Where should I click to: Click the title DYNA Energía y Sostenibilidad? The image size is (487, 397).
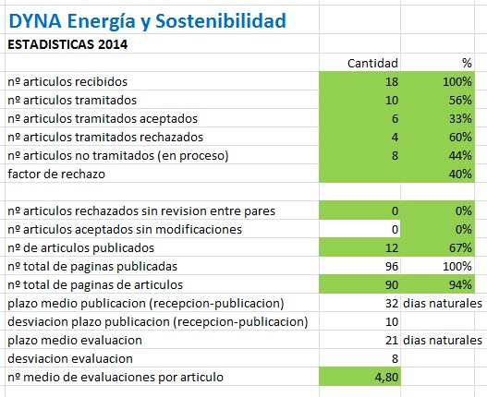[x=147, y=21]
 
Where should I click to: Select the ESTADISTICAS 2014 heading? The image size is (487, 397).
[x=67, y=44]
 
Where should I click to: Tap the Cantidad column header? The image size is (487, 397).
[x=372, y=64]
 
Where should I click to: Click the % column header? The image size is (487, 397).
[x=467, y=64]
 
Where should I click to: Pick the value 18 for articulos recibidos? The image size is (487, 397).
[x=392, y=81]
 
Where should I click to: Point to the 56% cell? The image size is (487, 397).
[x=460, y=101]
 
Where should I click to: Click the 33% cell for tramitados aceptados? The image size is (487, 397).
[x=460, y=118]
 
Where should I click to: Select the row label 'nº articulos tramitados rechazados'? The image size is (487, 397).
[x=105, y=138]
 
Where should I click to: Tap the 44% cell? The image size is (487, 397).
[x=460, y=155]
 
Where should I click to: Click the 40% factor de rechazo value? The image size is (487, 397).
[x=460, y=174]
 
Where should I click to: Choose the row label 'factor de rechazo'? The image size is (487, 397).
[x=56, y=174]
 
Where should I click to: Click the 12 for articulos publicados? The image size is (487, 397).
[x=392, y=248]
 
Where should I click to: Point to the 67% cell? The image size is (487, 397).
[x=460, y=248]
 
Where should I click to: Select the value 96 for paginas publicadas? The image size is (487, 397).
[x=392, y=266]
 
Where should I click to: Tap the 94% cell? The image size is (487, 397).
[x=460, y=285]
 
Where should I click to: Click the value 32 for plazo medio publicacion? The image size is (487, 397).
[x=392, y=303]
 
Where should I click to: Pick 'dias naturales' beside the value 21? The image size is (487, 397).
[x=443, y=340]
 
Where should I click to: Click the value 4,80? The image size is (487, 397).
[x=386, y=378]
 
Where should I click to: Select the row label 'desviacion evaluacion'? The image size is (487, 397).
[x=70, y=359]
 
